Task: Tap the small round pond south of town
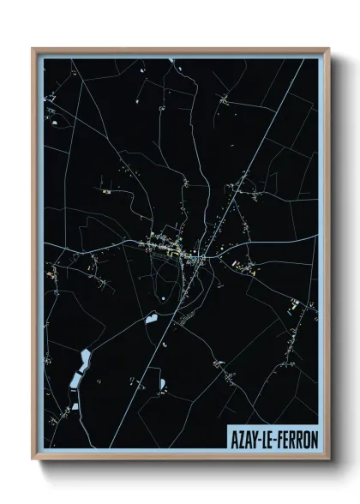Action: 162,298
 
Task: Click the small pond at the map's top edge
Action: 172,60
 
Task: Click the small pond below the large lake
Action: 75,405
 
